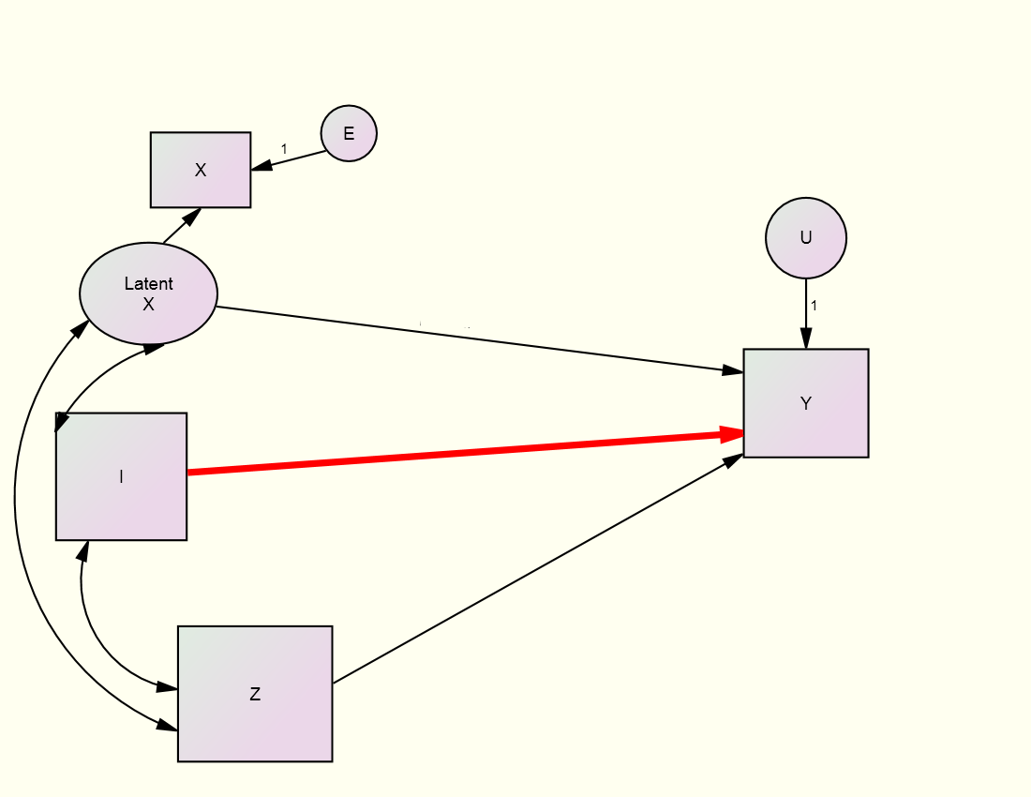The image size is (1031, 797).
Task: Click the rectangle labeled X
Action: [x=201, y=170]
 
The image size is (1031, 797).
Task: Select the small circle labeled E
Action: [x=349, y=133]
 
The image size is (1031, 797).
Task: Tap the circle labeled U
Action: [x=806, y=237]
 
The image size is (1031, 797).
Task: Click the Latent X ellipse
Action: [x=148, y=293]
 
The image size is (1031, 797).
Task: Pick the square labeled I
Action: [x=122, y=476]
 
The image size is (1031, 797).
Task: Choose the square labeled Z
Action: [x=255, y=694]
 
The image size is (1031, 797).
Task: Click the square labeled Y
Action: [x=806, y=403]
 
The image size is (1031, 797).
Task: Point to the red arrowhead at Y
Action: [x=731, y=434]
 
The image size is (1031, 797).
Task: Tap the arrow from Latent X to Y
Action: [x=469, y=339]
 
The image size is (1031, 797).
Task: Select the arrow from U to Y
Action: [x=806, y=314]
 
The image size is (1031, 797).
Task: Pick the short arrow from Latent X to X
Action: [x=180, y=227]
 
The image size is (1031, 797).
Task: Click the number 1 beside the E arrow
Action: [x=284, y=149]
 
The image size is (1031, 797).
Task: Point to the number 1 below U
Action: [x=814, y=306]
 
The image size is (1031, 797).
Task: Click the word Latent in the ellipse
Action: [x=148, y=284]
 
